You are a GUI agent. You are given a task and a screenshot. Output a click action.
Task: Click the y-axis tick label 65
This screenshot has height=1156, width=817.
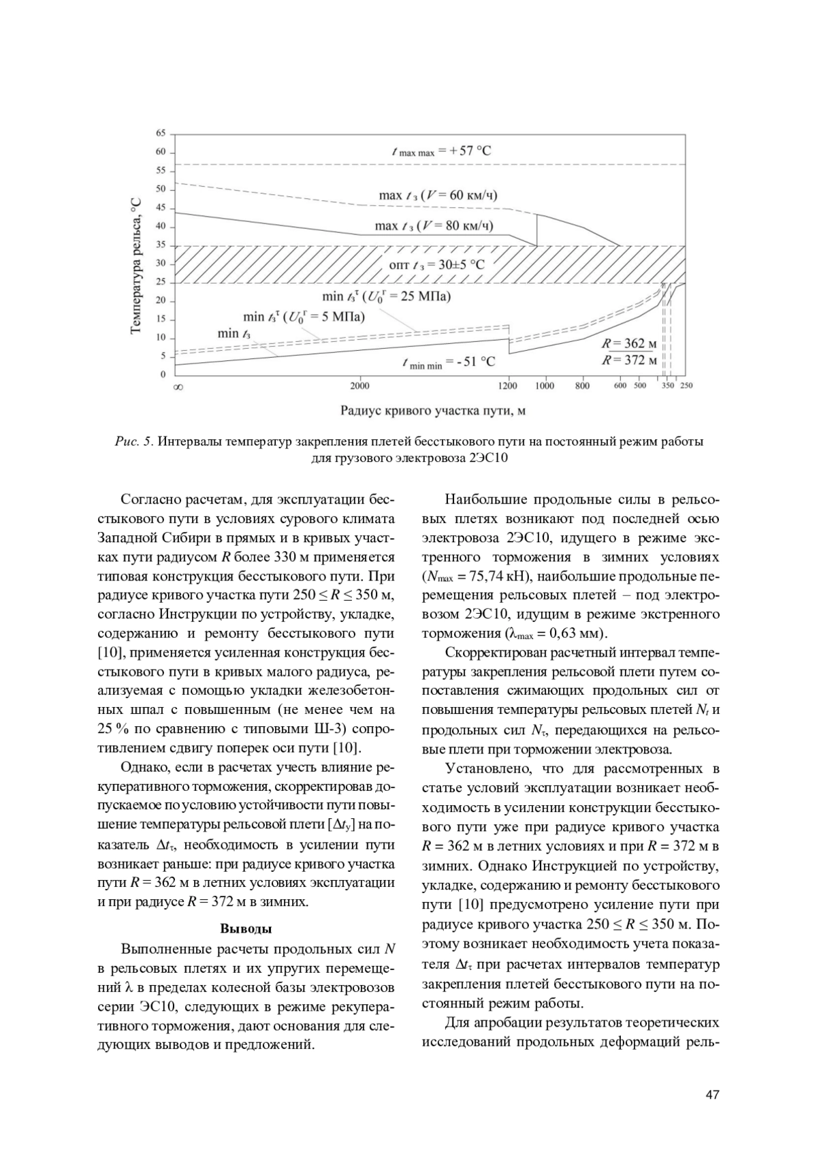[161, 133]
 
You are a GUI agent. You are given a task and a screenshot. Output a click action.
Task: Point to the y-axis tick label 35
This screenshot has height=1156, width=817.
[161, 245]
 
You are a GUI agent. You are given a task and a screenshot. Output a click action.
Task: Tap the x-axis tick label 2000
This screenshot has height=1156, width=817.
[359, 386]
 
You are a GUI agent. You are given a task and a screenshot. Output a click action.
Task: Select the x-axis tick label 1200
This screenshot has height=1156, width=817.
[508, 386]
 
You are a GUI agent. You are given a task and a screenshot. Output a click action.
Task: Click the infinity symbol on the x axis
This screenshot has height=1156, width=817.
[178, 386]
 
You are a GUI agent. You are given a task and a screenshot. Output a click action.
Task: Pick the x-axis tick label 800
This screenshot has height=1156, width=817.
[582, 386]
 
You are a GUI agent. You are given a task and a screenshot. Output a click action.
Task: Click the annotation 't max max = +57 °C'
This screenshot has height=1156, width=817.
[441, 151]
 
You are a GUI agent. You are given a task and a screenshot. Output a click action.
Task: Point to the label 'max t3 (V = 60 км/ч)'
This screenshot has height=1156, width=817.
[438, 196]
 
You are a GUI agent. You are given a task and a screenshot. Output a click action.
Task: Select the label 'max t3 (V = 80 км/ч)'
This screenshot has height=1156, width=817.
[434, 225]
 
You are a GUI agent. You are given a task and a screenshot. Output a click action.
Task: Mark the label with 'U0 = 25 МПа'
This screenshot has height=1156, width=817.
[386, 297]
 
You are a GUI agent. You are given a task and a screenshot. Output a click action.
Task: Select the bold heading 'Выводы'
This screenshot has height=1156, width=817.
[246, 928]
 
